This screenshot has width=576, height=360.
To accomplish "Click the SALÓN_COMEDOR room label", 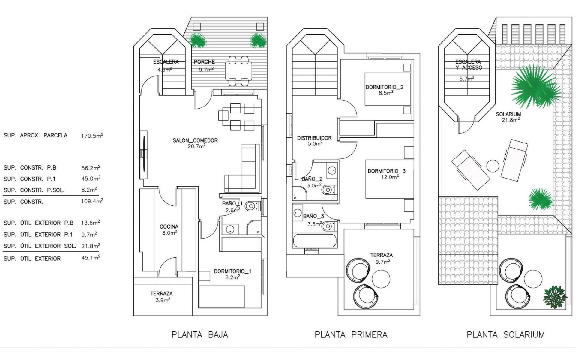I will click(195, 140).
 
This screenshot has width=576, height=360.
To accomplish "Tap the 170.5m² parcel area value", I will click(92, 136).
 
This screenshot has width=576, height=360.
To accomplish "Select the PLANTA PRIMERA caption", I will click(351, 335).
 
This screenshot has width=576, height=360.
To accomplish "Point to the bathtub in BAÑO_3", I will click(315, 241).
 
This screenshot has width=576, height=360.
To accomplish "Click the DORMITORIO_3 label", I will click(386, 171).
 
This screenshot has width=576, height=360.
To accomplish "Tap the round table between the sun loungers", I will click(493, 166).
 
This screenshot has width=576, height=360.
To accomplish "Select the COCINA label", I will click(169, 227).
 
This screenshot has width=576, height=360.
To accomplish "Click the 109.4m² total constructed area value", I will click(92, 201).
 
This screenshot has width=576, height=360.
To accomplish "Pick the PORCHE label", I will click(204, 62).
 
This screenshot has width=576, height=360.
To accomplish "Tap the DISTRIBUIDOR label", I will click(314, 138).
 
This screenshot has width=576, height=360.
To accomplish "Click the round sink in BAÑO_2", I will click(332, 170).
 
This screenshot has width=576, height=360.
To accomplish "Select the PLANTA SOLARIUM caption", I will click(506, 335).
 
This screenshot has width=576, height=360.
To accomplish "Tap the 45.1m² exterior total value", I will click(91, 258).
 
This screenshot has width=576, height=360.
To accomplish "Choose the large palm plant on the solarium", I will click(535, 86).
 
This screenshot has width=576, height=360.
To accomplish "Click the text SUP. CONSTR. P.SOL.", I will click(34, 190).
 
